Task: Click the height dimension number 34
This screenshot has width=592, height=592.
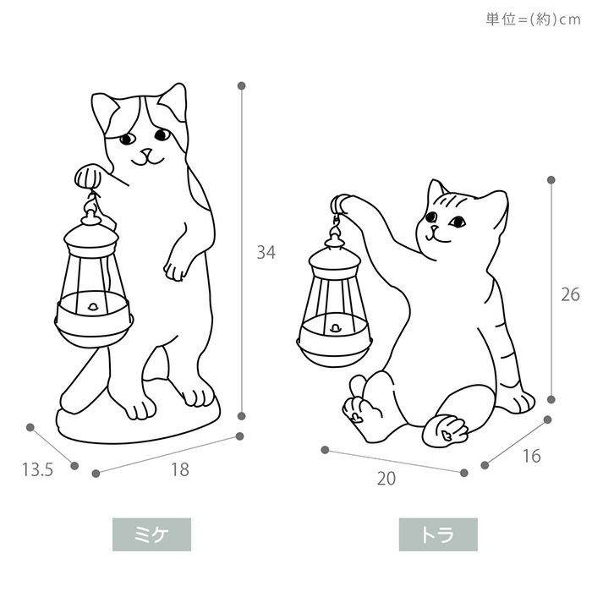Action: pos(266,252)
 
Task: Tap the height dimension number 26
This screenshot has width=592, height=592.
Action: pos(570,294)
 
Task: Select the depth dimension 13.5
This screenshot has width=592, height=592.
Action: pos(37,469)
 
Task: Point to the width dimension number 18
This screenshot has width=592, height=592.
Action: pos(180,469)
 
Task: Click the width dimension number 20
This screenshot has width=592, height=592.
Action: pos(386,479)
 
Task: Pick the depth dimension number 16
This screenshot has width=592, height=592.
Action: pos(532,456)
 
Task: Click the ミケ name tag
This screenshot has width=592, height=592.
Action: pos(151,534)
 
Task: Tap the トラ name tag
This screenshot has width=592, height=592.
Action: pos(438,534)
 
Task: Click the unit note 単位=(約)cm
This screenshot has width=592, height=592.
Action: pos(533,19)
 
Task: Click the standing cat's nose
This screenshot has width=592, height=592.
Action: pos(146,151)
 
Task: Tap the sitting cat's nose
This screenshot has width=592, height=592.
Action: pos(435,228)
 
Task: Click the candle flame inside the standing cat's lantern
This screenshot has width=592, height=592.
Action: pos(93,306)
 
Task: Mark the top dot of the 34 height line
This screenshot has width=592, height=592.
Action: pos(242,85)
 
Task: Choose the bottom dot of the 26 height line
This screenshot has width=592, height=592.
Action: pos(551,399)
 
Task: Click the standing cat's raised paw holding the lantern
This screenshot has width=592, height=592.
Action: pos(88,177)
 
